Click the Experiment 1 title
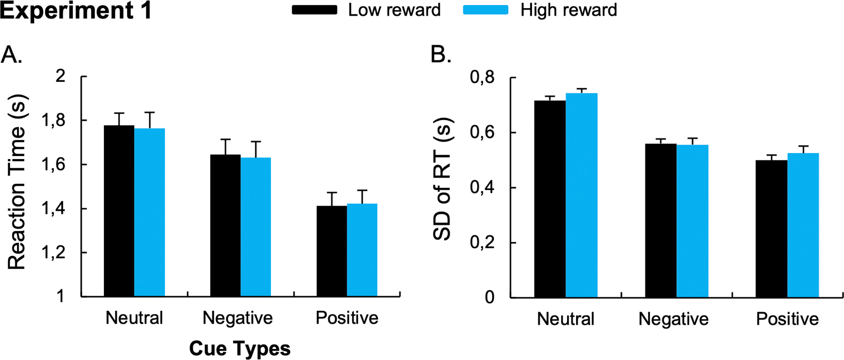pos(76,11)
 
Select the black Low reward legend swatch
pos(314,10)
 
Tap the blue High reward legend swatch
pos(485,10)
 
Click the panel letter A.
pos(12,55)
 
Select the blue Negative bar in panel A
pos(256,227)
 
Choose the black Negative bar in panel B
pos(661,221)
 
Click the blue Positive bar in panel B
pos(803,225)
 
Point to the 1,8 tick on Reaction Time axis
pos(53,121)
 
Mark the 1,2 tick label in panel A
pos(53,253)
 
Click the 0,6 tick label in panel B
pos(482,133)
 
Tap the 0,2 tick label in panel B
pos(482,243)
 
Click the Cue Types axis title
pos(240,349)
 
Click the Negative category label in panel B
pos(673,319)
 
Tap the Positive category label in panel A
pos(347,318)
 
